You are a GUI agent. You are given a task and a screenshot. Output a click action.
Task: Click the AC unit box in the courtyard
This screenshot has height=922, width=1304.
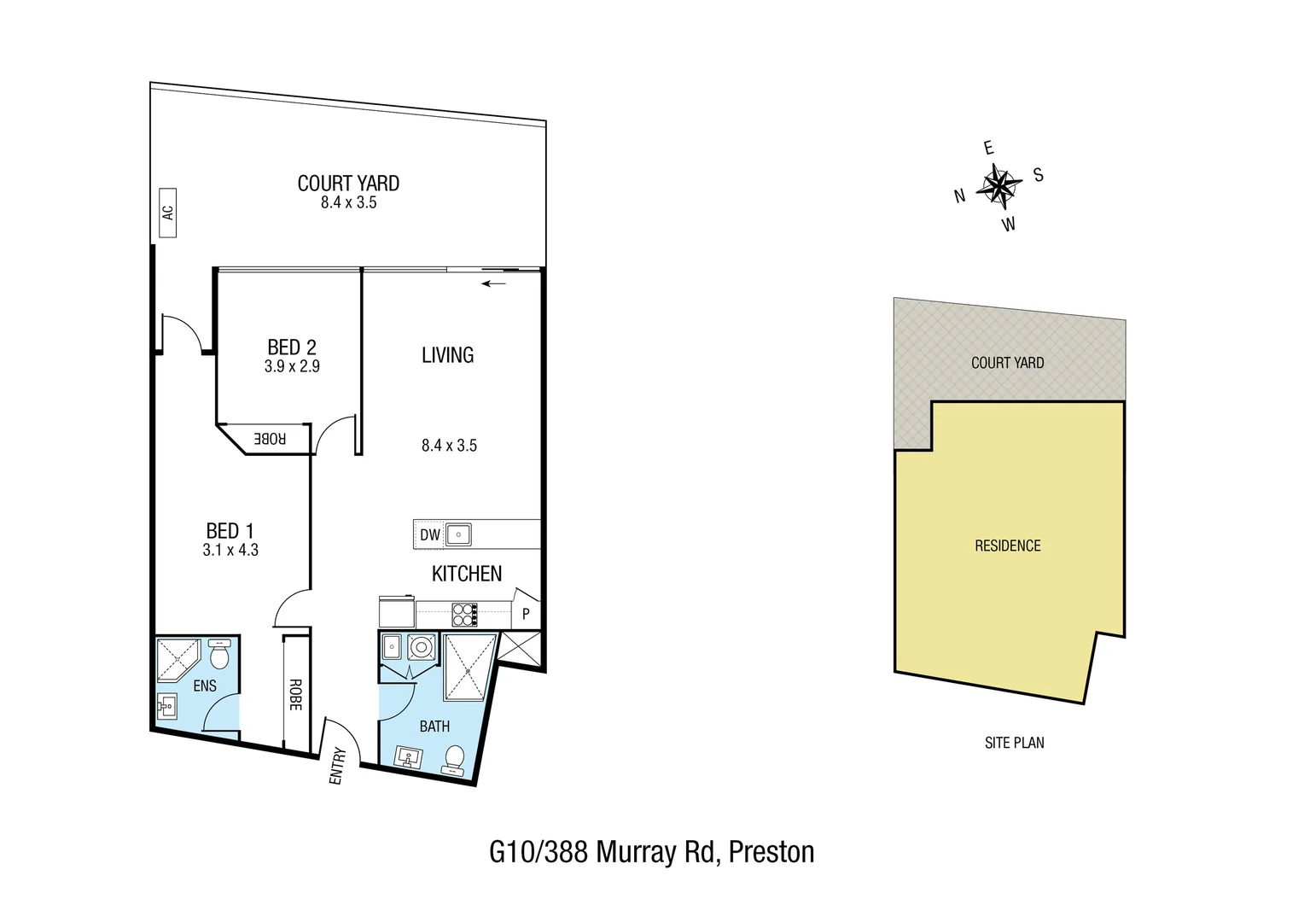[x=167, y=212]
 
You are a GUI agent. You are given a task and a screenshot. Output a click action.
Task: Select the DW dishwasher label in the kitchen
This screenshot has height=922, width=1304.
[x=430, y=535]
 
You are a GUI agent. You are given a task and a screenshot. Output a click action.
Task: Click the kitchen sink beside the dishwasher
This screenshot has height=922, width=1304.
[x=457, y=535]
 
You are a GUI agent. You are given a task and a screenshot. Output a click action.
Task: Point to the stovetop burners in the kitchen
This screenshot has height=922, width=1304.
[x=464, y=615]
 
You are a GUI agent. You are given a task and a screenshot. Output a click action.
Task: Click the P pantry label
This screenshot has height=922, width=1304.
[x=526, y=614]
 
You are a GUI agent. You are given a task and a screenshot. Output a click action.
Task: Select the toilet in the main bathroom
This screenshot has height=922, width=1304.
[x=455, y=757]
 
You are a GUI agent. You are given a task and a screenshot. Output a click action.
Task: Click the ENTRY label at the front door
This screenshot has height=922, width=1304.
[x=337, y=766]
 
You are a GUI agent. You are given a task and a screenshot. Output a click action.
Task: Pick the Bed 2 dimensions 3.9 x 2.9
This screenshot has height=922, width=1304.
[x=292, y=366]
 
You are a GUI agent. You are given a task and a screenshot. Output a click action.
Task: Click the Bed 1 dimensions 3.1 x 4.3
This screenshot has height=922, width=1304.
[x=230, y=551]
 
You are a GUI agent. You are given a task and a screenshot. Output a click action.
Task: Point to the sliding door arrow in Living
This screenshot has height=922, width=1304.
[x=493, y=283]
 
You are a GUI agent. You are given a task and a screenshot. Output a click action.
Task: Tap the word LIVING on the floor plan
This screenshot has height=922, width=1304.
[x=447, y=355]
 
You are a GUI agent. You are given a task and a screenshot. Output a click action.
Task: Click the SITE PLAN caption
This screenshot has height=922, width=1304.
[x=1014, y=743]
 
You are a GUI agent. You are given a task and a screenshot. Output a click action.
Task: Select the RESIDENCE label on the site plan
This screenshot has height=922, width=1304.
[x=1008, y=546]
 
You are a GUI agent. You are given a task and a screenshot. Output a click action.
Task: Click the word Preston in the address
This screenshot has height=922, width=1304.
[x=771, y=852]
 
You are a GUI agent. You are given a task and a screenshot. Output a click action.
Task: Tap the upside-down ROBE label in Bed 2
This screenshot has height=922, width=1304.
[x=270, y=439]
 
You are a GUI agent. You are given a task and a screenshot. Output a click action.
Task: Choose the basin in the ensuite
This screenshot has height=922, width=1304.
[x=168, y=705]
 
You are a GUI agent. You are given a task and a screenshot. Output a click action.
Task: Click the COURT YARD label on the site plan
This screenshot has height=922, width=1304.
[x=1007, y=363]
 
